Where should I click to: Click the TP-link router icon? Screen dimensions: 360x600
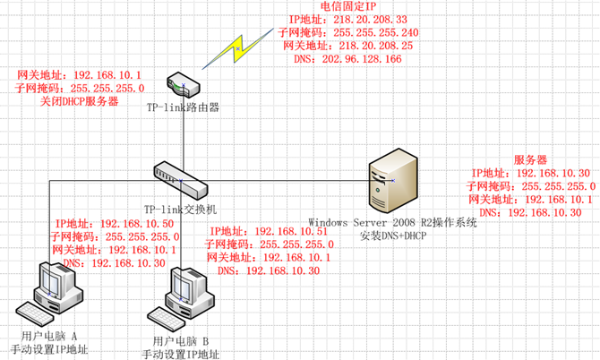point(181,85)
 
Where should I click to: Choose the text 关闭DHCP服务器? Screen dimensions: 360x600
point(80,102)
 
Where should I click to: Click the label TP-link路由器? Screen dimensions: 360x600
point(183,107)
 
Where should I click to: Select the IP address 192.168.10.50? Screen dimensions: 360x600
point(117,223)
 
